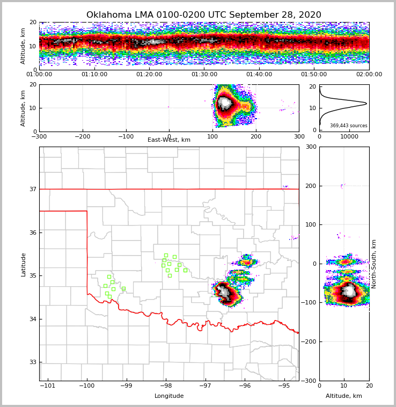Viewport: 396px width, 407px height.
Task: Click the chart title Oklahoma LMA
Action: pos(204,15)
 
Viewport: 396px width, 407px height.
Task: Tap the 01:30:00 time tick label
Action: pos(204,75)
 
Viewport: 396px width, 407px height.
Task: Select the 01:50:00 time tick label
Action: pos(314,75)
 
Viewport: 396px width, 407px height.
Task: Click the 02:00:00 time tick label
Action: pos(369,75)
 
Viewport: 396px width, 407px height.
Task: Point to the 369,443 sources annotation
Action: pos(348,126)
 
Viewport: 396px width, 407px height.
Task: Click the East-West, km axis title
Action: pos(169,140)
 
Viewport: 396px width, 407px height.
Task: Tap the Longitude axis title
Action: pos(169,396)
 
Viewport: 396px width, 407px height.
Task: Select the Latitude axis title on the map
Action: pos(23,264)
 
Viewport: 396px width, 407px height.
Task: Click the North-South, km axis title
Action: pos(374,264)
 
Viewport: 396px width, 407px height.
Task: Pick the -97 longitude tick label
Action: pos(205,386)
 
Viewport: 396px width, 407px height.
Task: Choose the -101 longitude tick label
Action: pos(48,386)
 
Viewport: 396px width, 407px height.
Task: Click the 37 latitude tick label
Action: pos(33,189)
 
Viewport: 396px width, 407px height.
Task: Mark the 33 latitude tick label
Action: pos(33,362)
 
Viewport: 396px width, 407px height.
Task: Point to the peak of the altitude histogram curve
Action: pos(366,103)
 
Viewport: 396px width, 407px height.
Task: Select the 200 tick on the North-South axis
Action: pos(310,186)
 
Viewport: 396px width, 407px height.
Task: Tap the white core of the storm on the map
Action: pos(224,292)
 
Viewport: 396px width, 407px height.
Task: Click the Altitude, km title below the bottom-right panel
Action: pos(344,396)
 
